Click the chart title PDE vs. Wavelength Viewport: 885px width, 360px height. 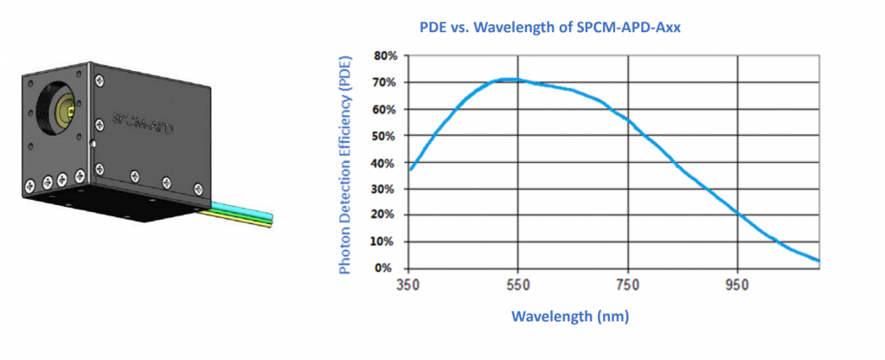coord(550,28)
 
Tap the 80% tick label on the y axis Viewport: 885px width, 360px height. coord(386,56)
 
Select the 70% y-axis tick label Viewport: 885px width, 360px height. coord(386,82)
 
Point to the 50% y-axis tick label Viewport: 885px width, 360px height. coord(386,136)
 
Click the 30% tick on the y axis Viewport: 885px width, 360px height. coord(386,189)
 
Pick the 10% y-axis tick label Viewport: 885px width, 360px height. coord(386,241)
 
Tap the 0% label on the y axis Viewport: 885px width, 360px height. coord(389,268)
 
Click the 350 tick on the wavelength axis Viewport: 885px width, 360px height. coord(408,285)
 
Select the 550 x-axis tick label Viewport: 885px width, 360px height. coord(518,285)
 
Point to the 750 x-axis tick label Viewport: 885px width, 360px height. coord(628,285)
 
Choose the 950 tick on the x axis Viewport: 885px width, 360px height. coord(738,285)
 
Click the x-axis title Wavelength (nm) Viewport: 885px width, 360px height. coord(570,316)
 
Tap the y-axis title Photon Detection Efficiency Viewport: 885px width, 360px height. coord(345,164)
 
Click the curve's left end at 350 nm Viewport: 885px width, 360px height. coord(411,170)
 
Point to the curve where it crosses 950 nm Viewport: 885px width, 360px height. coord(738,213)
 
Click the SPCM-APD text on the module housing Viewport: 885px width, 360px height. coord(143,124)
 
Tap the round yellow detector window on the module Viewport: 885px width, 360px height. coord(65,111)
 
